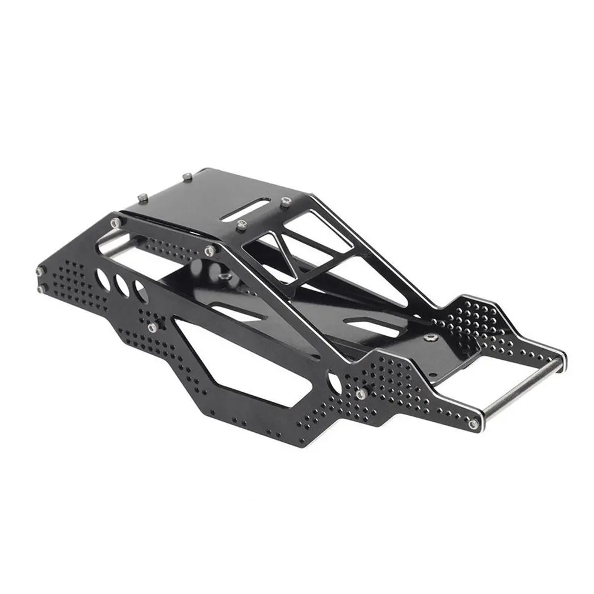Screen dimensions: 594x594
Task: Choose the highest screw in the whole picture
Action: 187,176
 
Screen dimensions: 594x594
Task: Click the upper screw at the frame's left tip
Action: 39,271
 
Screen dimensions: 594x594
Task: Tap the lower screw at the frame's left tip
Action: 41,289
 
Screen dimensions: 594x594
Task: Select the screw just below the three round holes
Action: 153,327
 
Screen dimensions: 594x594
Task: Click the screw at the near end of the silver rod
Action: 473,423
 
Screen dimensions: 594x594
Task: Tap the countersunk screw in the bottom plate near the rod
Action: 433,337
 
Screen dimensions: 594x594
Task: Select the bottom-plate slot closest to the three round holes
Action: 235,312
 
